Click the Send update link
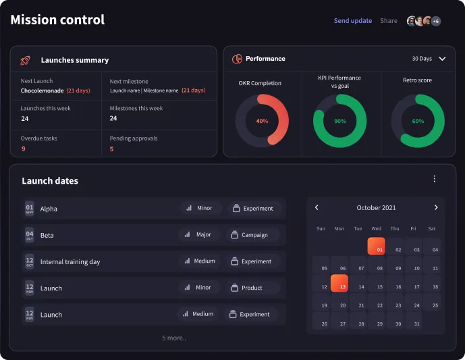[352, 21]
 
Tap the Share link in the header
[388, 21]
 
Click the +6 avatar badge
[436, 21]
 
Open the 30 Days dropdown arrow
[442, 59]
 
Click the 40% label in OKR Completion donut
[262, 122]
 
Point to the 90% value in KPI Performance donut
[339, 122]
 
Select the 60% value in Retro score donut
[418, 122]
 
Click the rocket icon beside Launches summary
[26, 60]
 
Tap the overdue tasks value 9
[23, 149]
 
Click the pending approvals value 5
[111, 149]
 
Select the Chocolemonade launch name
[42, 91]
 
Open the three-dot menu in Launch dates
[434, 179]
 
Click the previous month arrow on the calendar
[317, 207]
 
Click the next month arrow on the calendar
[436, 207]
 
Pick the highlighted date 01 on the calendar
[376, 247]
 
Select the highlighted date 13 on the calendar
[339, 284]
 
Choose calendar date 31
[413, 324]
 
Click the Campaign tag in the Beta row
[253, 235]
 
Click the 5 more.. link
[173, 338]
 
